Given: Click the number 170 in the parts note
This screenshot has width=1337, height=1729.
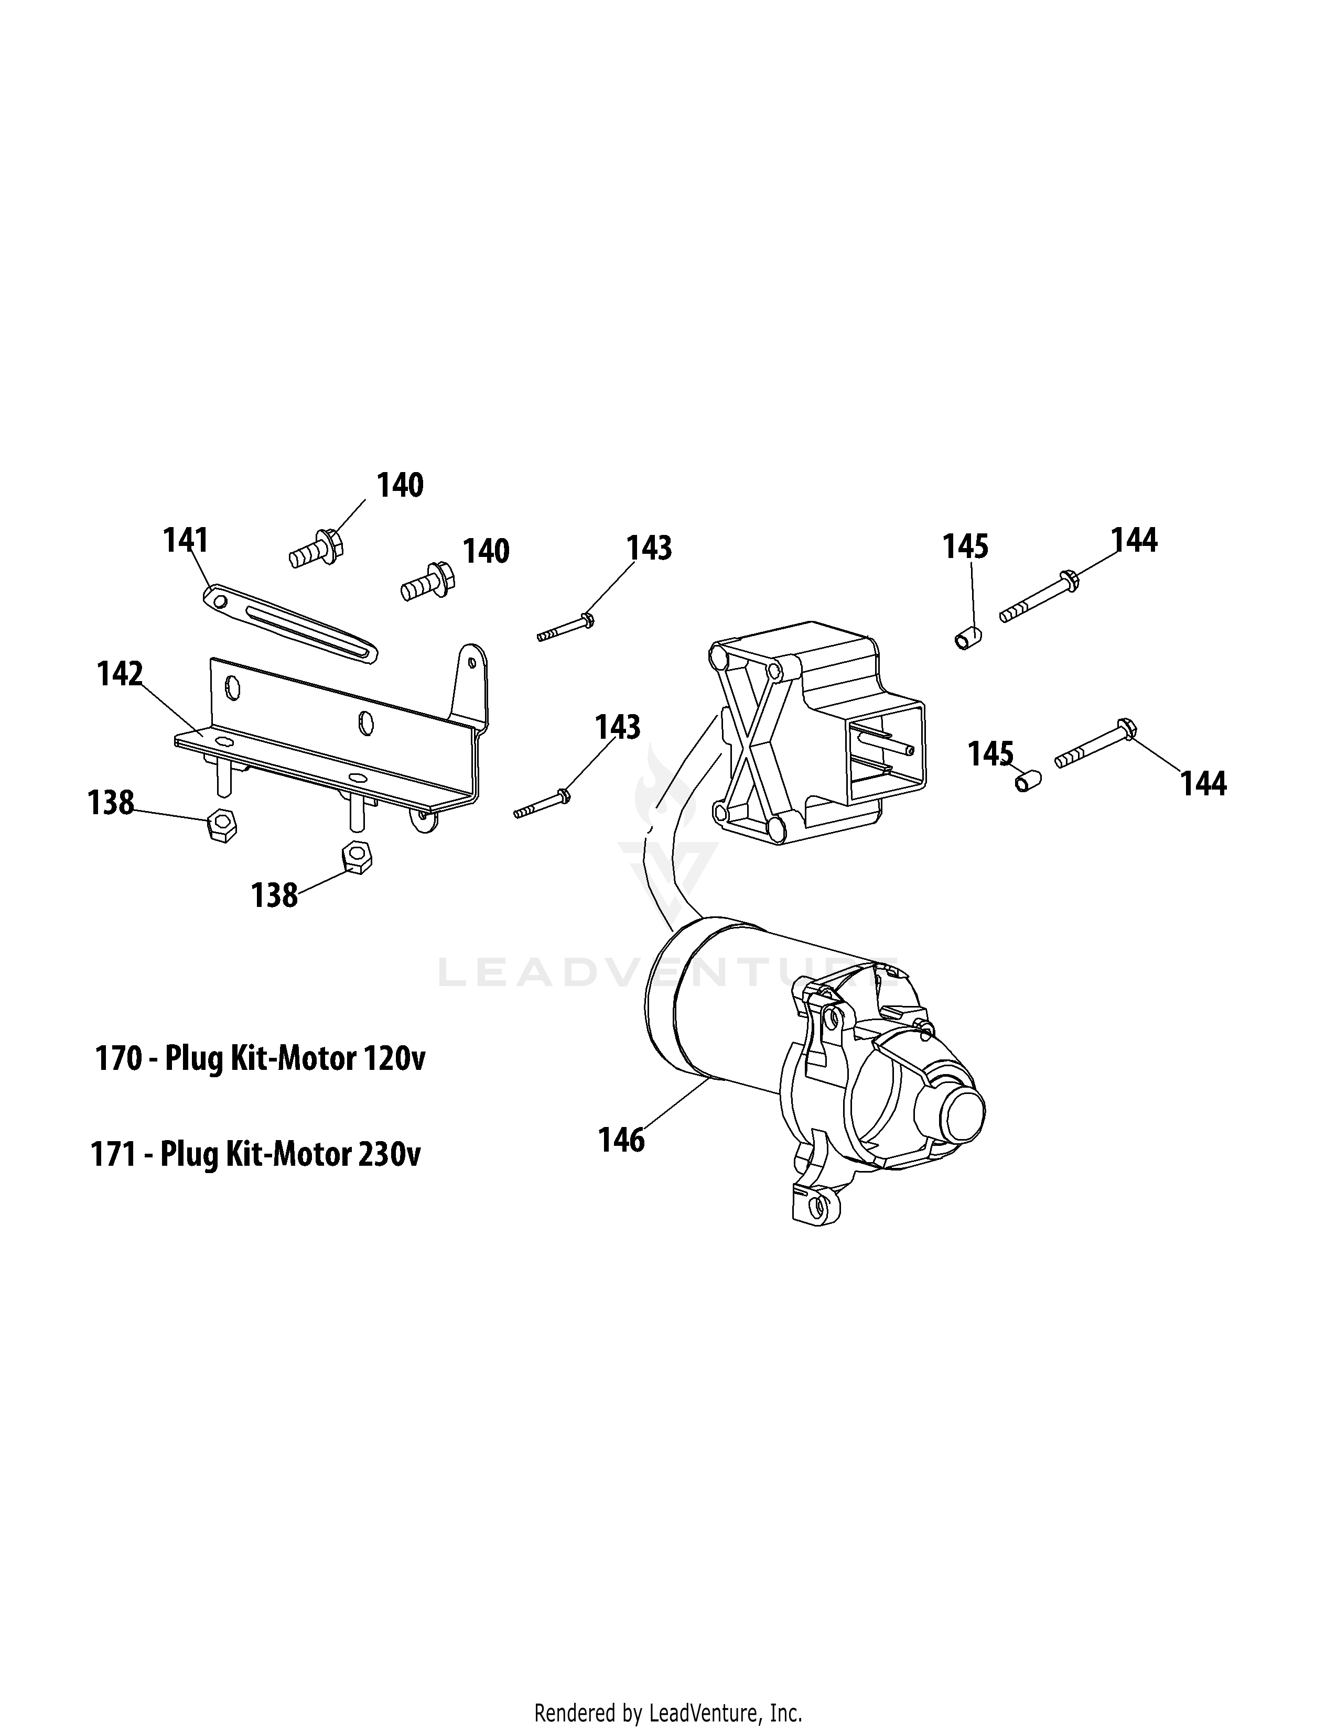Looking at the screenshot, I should [118, 1058].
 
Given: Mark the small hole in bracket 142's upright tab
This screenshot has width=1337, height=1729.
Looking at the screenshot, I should [472, 662].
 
